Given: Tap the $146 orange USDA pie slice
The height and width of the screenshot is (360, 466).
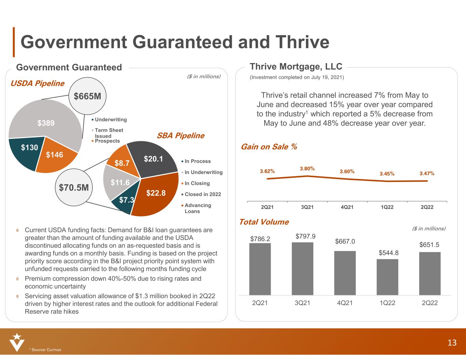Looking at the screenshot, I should point(55,155).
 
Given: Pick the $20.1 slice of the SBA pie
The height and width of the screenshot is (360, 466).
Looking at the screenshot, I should point(154,158).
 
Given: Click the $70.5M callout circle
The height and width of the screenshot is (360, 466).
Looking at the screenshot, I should point(74,187).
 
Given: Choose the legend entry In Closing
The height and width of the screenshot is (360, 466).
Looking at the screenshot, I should point(197,183).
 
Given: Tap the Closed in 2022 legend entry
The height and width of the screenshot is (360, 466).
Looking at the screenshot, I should point(202,194).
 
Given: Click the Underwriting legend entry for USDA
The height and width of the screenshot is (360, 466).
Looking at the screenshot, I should point(111,119).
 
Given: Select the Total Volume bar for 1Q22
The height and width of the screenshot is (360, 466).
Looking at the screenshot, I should point(387,277).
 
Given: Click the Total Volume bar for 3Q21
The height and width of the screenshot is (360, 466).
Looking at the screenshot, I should point(302,269).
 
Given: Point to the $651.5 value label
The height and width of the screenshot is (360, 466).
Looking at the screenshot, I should point(429,245).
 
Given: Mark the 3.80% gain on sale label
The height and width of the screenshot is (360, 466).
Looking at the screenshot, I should point(307,169).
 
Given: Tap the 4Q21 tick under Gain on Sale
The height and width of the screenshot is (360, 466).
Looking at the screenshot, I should point(347,207).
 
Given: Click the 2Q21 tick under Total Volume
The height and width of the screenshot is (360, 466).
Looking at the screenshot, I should point(260,303).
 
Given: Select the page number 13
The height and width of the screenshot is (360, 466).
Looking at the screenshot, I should point(452,343).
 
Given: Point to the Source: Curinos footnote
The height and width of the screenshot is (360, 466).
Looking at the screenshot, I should point(45,349).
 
